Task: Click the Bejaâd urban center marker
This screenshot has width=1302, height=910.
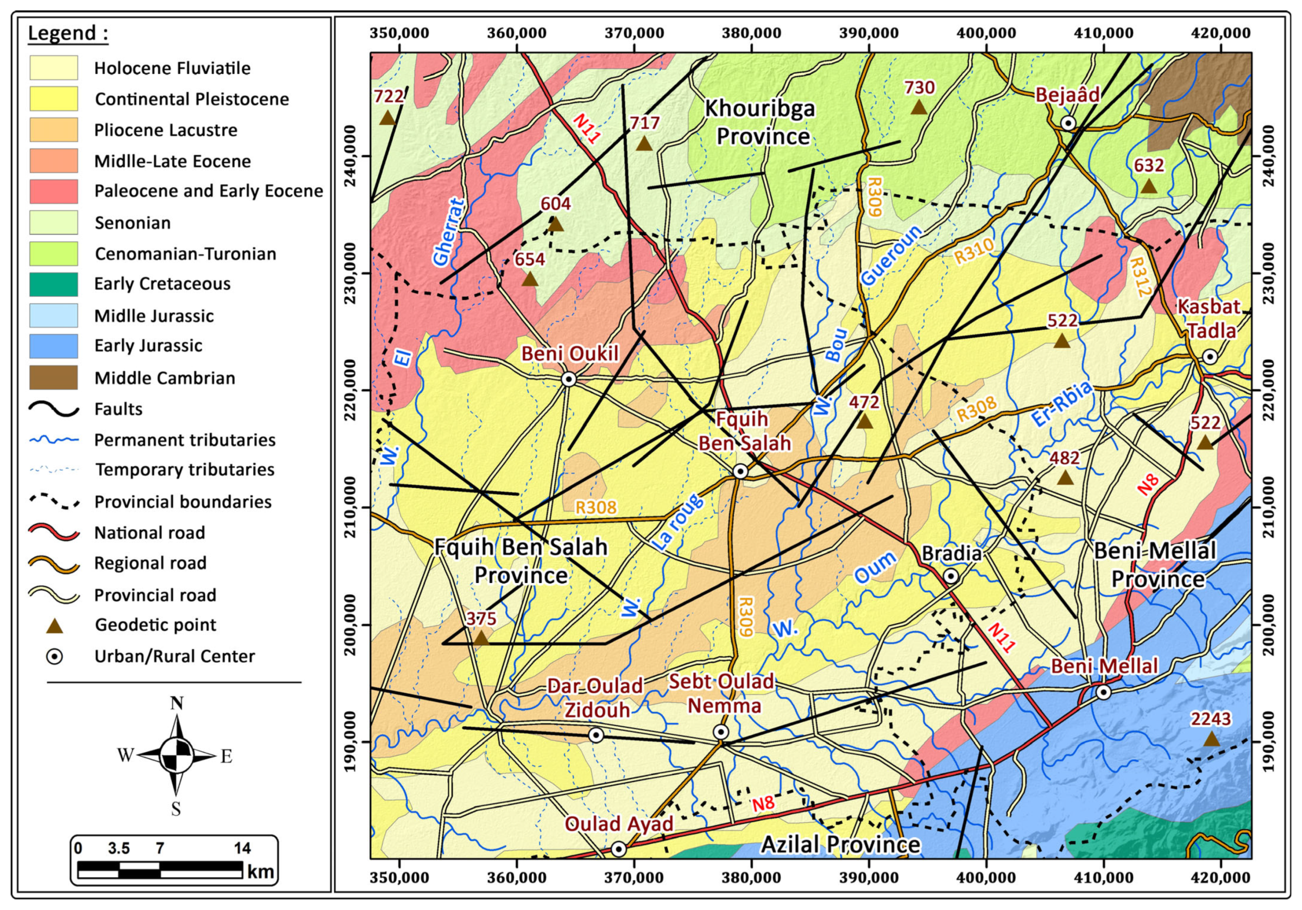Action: coord(1068,123)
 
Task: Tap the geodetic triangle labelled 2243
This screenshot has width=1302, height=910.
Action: coord(1211,739)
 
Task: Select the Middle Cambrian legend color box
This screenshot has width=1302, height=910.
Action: coord(53,378)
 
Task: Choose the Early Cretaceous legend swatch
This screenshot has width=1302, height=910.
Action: coord(53,284)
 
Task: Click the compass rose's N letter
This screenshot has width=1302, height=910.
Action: coord(177,703)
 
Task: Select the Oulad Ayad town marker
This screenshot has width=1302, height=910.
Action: coord(619,849)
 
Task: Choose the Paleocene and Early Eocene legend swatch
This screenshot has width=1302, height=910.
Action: coord(53,191)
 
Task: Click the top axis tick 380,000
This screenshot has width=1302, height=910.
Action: coord(751,33)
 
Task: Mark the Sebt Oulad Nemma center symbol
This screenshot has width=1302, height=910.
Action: coord(721,732)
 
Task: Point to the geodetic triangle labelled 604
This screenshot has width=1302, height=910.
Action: coord(556,224)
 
